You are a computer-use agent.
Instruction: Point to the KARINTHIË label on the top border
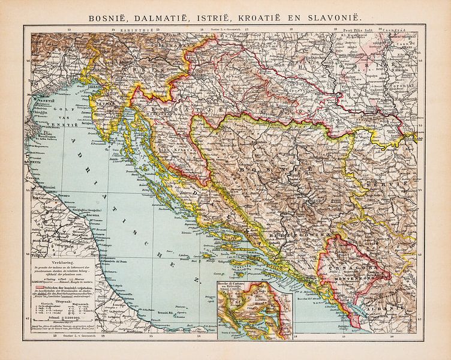136,29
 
